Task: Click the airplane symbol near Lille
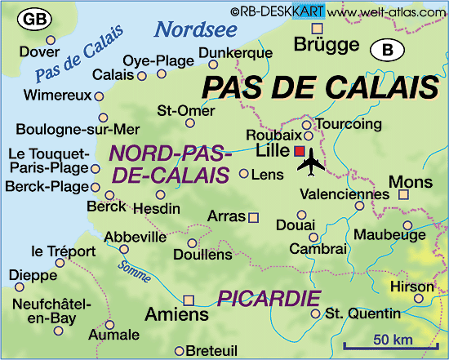point(311,165)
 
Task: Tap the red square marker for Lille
point(300,151)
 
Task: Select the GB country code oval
point(34,18)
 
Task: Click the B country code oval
point(389,51)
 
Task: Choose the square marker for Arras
point(253,217)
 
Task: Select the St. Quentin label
point(362,313)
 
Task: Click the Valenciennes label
point(345,194)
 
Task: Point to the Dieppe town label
point(33,276)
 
